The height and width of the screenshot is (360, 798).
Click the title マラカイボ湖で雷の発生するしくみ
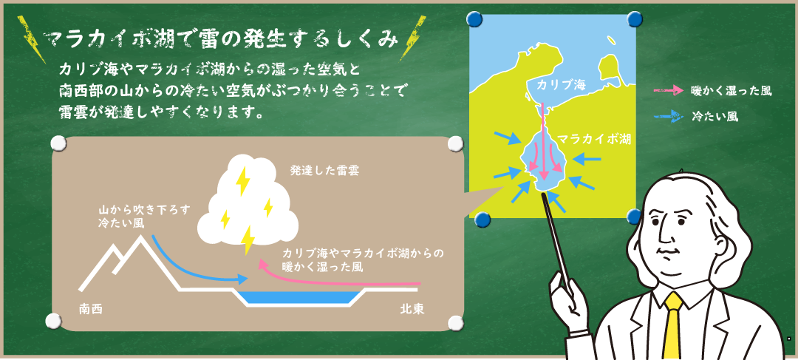tap(220, 40)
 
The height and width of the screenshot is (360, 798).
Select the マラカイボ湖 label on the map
tap(594, 139)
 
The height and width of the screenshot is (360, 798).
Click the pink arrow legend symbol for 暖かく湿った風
tap(668, 91)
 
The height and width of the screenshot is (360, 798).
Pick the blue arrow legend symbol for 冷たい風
tap(668, 116)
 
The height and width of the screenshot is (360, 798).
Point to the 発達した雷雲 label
tap(324, 171)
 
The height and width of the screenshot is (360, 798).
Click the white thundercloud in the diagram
tap(248, 203)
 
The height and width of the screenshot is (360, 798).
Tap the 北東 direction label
tap(412, 308)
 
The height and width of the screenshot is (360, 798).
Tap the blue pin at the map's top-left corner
tap(474, 19)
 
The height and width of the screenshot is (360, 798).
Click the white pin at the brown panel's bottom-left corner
tap(53, 322)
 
